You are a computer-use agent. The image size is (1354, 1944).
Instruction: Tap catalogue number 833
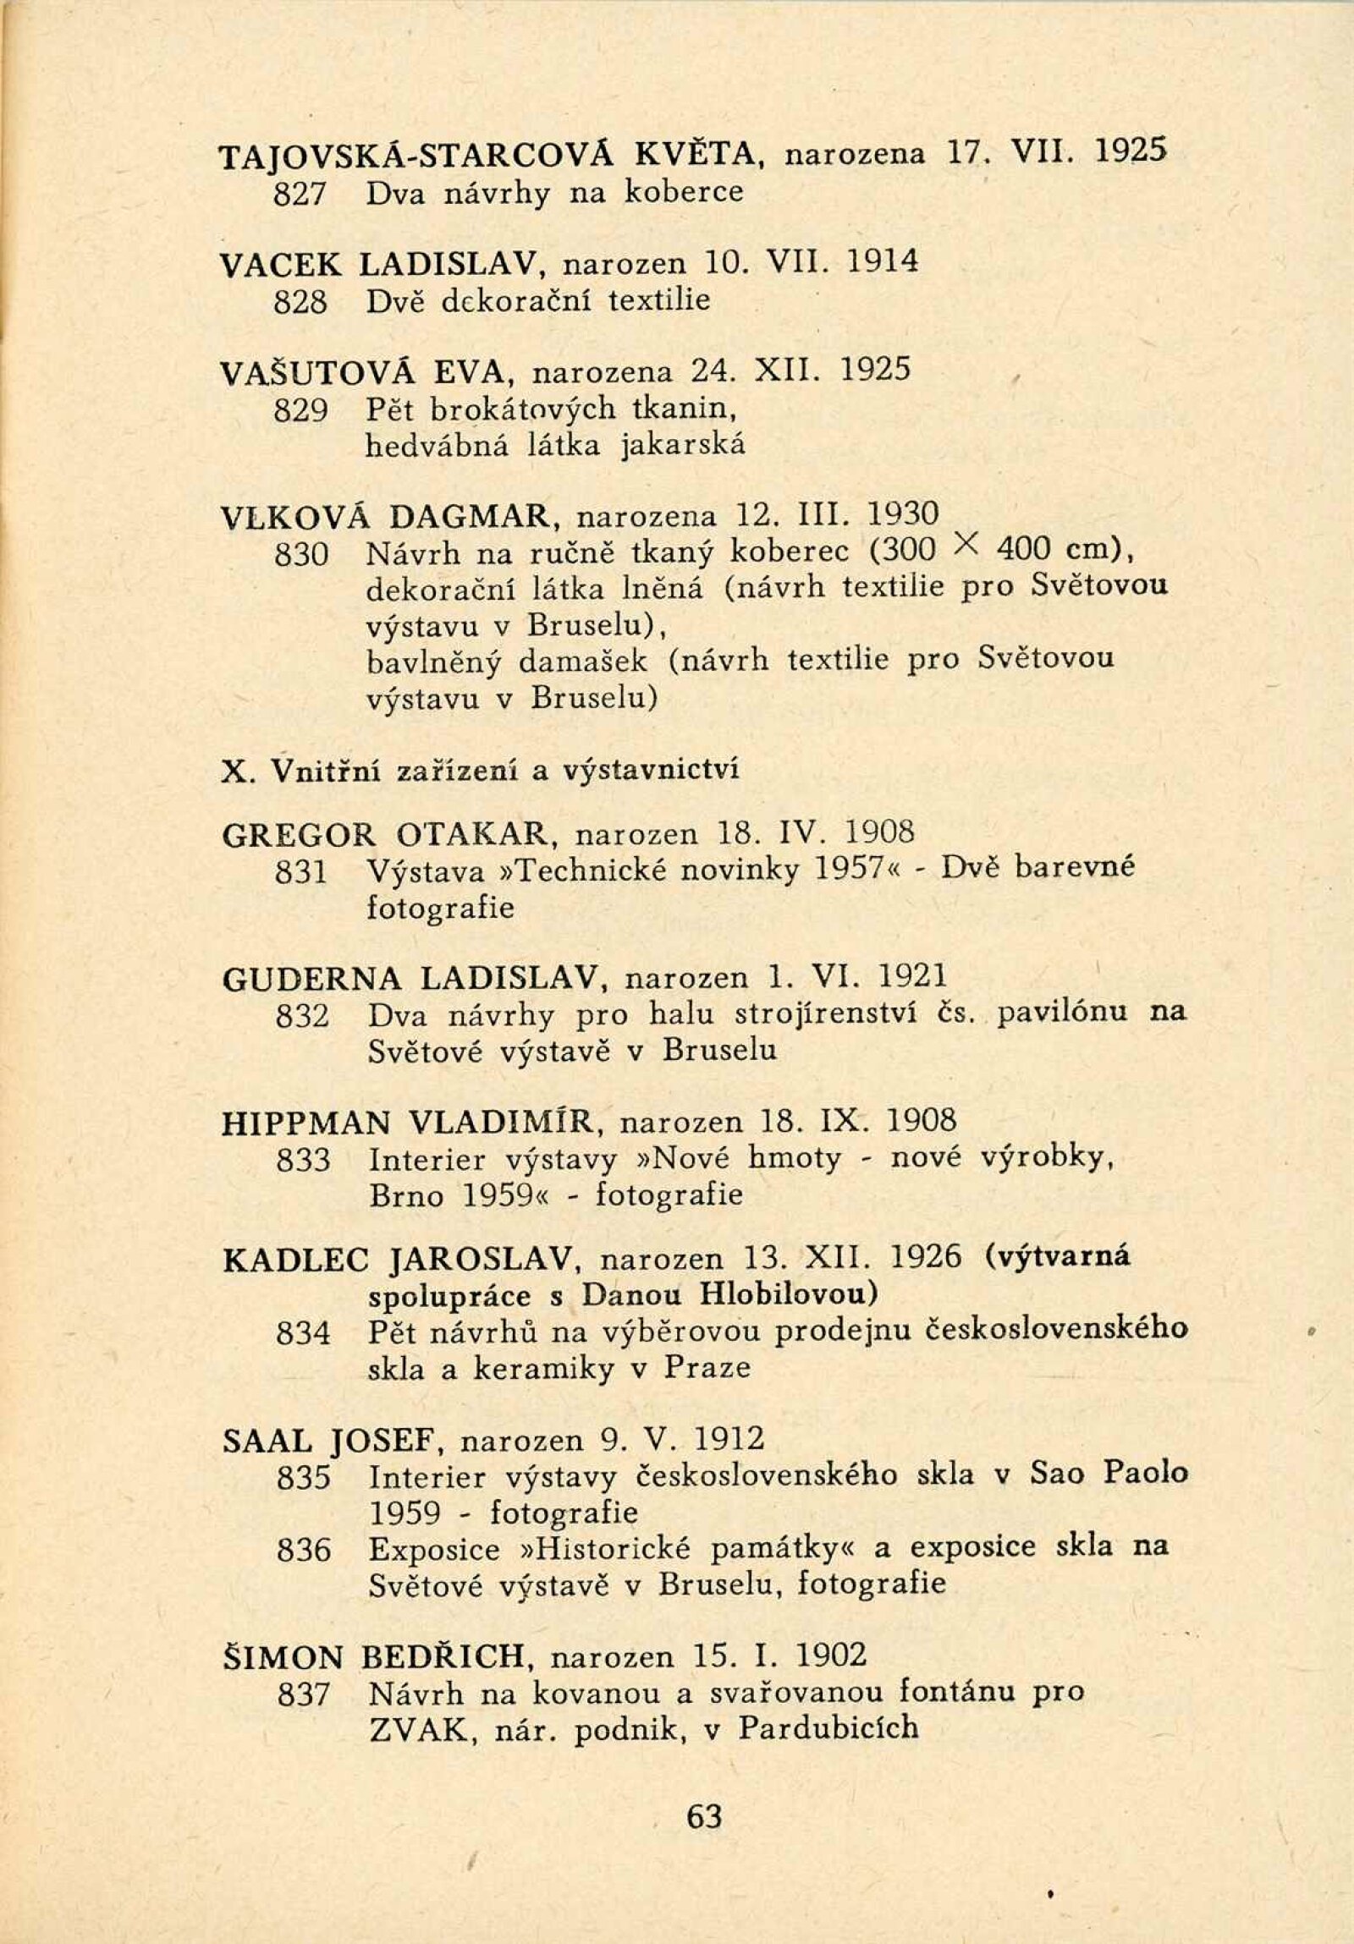click(x=302, y=1160)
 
